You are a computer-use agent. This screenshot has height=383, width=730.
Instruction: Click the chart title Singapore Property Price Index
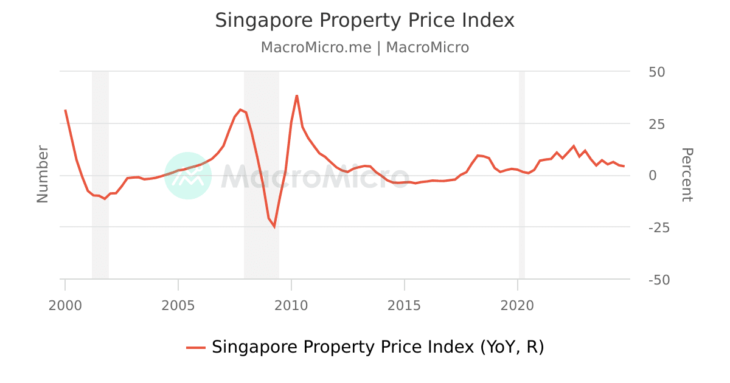tap(364, 21)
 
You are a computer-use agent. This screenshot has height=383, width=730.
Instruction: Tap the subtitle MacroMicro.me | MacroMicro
tap(364, 47)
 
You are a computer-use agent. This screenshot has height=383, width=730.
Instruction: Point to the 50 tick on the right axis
tap(656, 72)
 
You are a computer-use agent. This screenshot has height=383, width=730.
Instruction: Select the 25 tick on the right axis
tap(656, 124)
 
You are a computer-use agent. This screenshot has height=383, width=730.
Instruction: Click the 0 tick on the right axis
tap(652, 176)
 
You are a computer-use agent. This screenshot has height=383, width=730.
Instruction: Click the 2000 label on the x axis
tap(65, 305)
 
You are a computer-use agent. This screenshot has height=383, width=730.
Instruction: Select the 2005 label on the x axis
tap(178, 305)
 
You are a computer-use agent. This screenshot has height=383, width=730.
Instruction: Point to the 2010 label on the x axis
tap(291, 305)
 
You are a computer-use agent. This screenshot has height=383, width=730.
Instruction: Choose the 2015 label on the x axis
tap(404, 305)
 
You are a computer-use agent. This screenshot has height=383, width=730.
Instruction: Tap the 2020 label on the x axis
tap(517, 305)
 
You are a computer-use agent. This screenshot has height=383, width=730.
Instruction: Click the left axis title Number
tap(43, 174)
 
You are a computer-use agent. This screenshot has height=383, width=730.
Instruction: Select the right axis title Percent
tap(686, 174)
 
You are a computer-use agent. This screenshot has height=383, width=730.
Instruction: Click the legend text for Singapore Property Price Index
tap(377, 347)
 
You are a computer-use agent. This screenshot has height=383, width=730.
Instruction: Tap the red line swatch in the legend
tap(196, 348)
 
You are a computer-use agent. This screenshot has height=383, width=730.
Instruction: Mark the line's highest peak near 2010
tap(297, 95)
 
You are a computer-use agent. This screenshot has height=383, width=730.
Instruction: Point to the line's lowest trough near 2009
tap(274, 227)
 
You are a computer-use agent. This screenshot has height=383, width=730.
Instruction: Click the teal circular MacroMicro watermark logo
tap(188, 176)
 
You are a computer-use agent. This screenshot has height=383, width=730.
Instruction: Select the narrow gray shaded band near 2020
tap(521, 175)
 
